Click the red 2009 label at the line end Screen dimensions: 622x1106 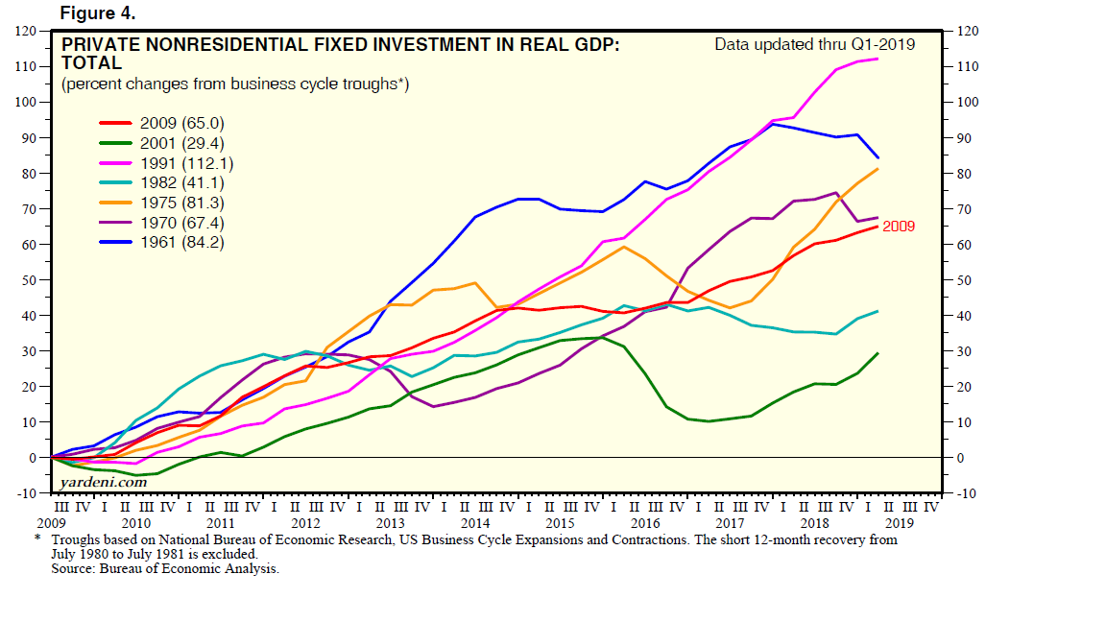[899, 227]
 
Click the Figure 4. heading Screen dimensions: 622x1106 [98, 13]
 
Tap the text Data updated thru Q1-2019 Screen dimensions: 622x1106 [814, 44]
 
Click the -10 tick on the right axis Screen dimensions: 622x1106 [963, 493]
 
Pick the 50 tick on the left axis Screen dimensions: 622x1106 [29, 280]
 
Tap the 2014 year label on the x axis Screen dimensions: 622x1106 [474, 524]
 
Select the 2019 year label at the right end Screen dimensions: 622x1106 [899, 524]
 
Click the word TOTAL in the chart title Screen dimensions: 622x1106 [91, 63]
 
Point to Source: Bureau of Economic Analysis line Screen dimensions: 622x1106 [165, 569]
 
